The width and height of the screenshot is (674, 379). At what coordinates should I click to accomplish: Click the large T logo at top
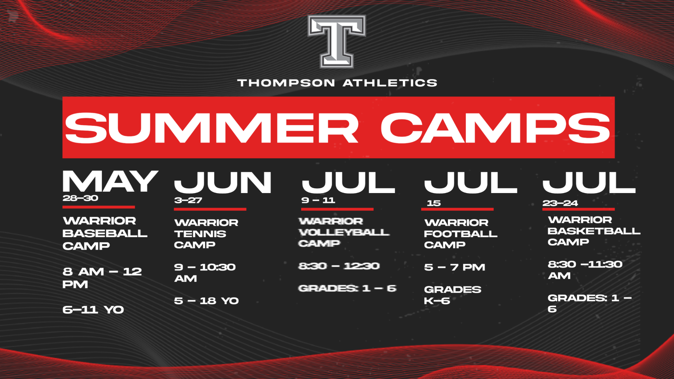point(336,41)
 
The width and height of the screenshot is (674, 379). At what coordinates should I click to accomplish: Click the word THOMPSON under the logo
point(286,83)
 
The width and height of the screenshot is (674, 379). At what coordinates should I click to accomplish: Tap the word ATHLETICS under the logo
point(390,83)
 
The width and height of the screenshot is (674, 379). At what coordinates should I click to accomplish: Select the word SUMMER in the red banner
point(212,128)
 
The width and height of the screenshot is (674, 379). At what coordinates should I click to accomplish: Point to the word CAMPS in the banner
point(495,128)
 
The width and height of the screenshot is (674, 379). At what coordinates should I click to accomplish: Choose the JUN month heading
point(223,183)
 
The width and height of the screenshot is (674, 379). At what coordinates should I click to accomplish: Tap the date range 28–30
point(80,198)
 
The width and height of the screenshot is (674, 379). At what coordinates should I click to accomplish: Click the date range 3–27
point(188,200)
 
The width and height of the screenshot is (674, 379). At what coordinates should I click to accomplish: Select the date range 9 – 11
point(318,200)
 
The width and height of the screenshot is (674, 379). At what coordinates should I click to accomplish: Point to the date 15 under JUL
point(434,203)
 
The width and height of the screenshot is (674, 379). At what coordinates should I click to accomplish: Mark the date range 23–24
point(560,203)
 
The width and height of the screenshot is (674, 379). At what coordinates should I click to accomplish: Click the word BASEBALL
point(105,233)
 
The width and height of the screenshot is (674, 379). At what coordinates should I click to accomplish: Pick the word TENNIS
point(200,234)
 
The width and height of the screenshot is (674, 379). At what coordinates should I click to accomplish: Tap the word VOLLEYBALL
point(344,232)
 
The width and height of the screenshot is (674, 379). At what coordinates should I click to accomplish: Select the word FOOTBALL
point(461,234)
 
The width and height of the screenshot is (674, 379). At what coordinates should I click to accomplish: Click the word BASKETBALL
point(594,231)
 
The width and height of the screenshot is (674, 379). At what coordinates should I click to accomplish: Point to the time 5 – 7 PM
point(455,267)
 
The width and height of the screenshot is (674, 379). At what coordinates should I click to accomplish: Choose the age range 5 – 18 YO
point(206,301)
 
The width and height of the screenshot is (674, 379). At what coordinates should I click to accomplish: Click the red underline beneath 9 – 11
point(337,209)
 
